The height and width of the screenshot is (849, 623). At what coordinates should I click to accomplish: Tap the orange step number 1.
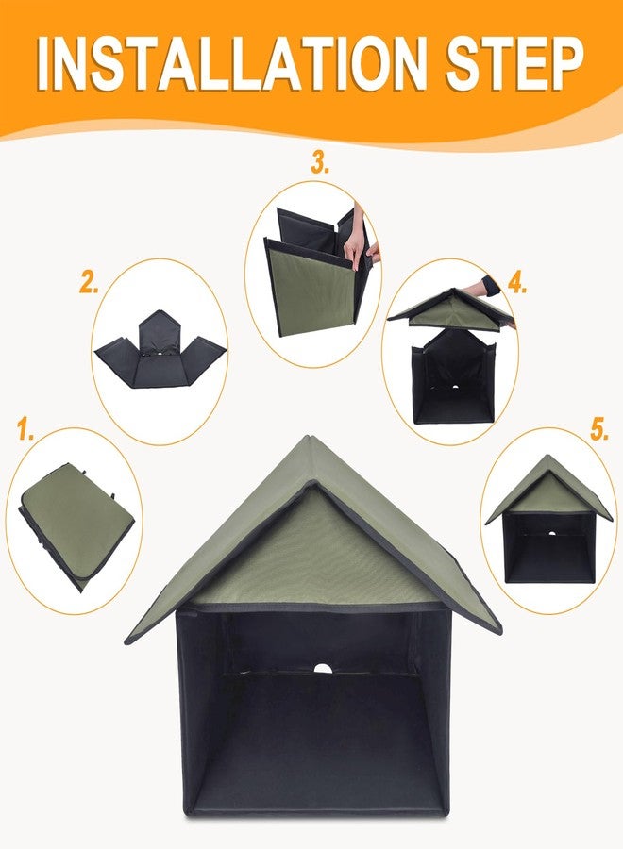(x=25, y=433)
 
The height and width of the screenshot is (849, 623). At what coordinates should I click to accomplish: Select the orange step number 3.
(x=321, y=164)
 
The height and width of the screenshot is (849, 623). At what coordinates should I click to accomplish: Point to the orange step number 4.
(x=516, y=282)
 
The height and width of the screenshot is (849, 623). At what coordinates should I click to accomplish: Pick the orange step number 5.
(x=599, y=431)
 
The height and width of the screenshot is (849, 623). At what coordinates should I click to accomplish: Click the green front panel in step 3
(x=311, y=288)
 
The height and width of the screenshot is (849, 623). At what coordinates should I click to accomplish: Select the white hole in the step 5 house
(x=550, y=533)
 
